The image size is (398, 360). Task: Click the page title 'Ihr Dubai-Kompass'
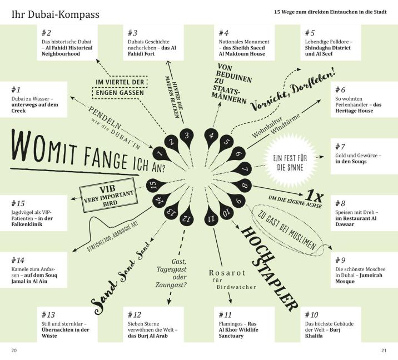point(56,14)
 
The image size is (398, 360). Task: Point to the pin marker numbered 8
point(242,186)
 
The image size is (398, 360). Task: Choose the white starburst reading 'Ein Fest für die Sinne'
point(290,163)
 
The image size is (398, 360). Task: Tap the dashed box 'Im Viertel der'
point(120,82)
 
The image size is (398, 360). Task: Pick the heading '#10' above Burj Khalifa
point(311,315)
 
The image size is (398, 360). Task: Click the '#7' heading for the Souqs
point(340,147)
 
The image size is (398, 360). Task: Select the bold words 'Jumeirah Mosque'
point(359,278)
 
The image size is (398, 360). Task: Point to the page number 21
point(384,351)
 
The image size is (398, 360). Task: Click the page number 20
point(14,351)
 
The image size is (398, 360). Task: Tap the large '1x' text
point(314,196)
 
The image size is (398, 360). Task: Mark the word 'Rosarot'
point(227,273)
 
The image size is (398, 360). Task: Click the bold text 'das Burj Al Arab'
point(148,336)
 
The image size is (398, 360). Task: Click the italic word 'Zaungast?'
point(171,285)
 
